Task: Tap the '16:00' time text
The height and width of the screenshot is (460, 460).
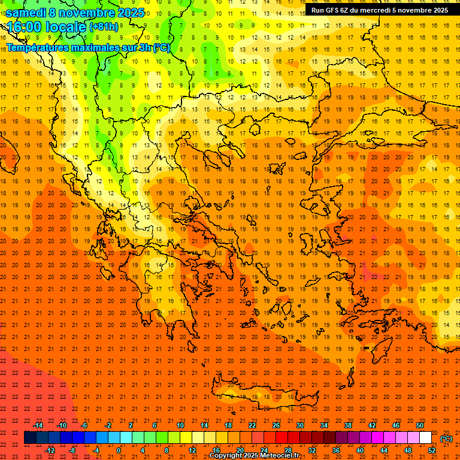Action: tap(23, 27)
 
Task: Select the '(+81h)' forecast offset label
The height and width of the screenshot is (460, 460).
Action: tap(104, 27)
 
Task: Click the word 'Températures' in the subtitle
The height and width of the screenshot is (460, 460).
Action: tap(37, 47)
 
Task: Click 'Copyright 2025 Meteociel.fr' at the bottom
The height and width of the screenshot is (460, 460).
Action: tap(254, 456)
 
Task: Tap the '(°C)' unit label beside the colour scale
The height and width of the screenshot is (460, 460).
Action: tap(446, 438)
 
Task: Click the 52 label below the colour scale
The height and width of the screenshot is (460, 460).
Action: tap(432, 450)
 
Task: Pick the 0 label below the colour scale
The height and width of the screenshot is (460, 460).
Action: tap(119, 450)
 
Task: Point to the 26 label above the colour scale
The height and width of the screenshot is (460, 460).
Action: tap(276, 425)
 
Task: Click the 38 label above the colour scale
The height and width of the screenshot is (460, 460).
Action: tap(347, 425)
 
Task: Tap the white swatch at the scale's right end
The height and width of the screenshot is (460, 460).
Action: tap(425, 438)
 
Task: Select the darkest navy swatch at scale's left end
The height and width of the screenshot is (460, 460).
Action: tap(30, 438)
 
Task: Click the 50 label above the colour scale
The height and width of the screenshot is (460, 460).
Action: tap(419, 425)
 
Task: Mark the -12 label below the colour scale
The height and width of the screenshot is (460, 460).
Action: tap(50, 450)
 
